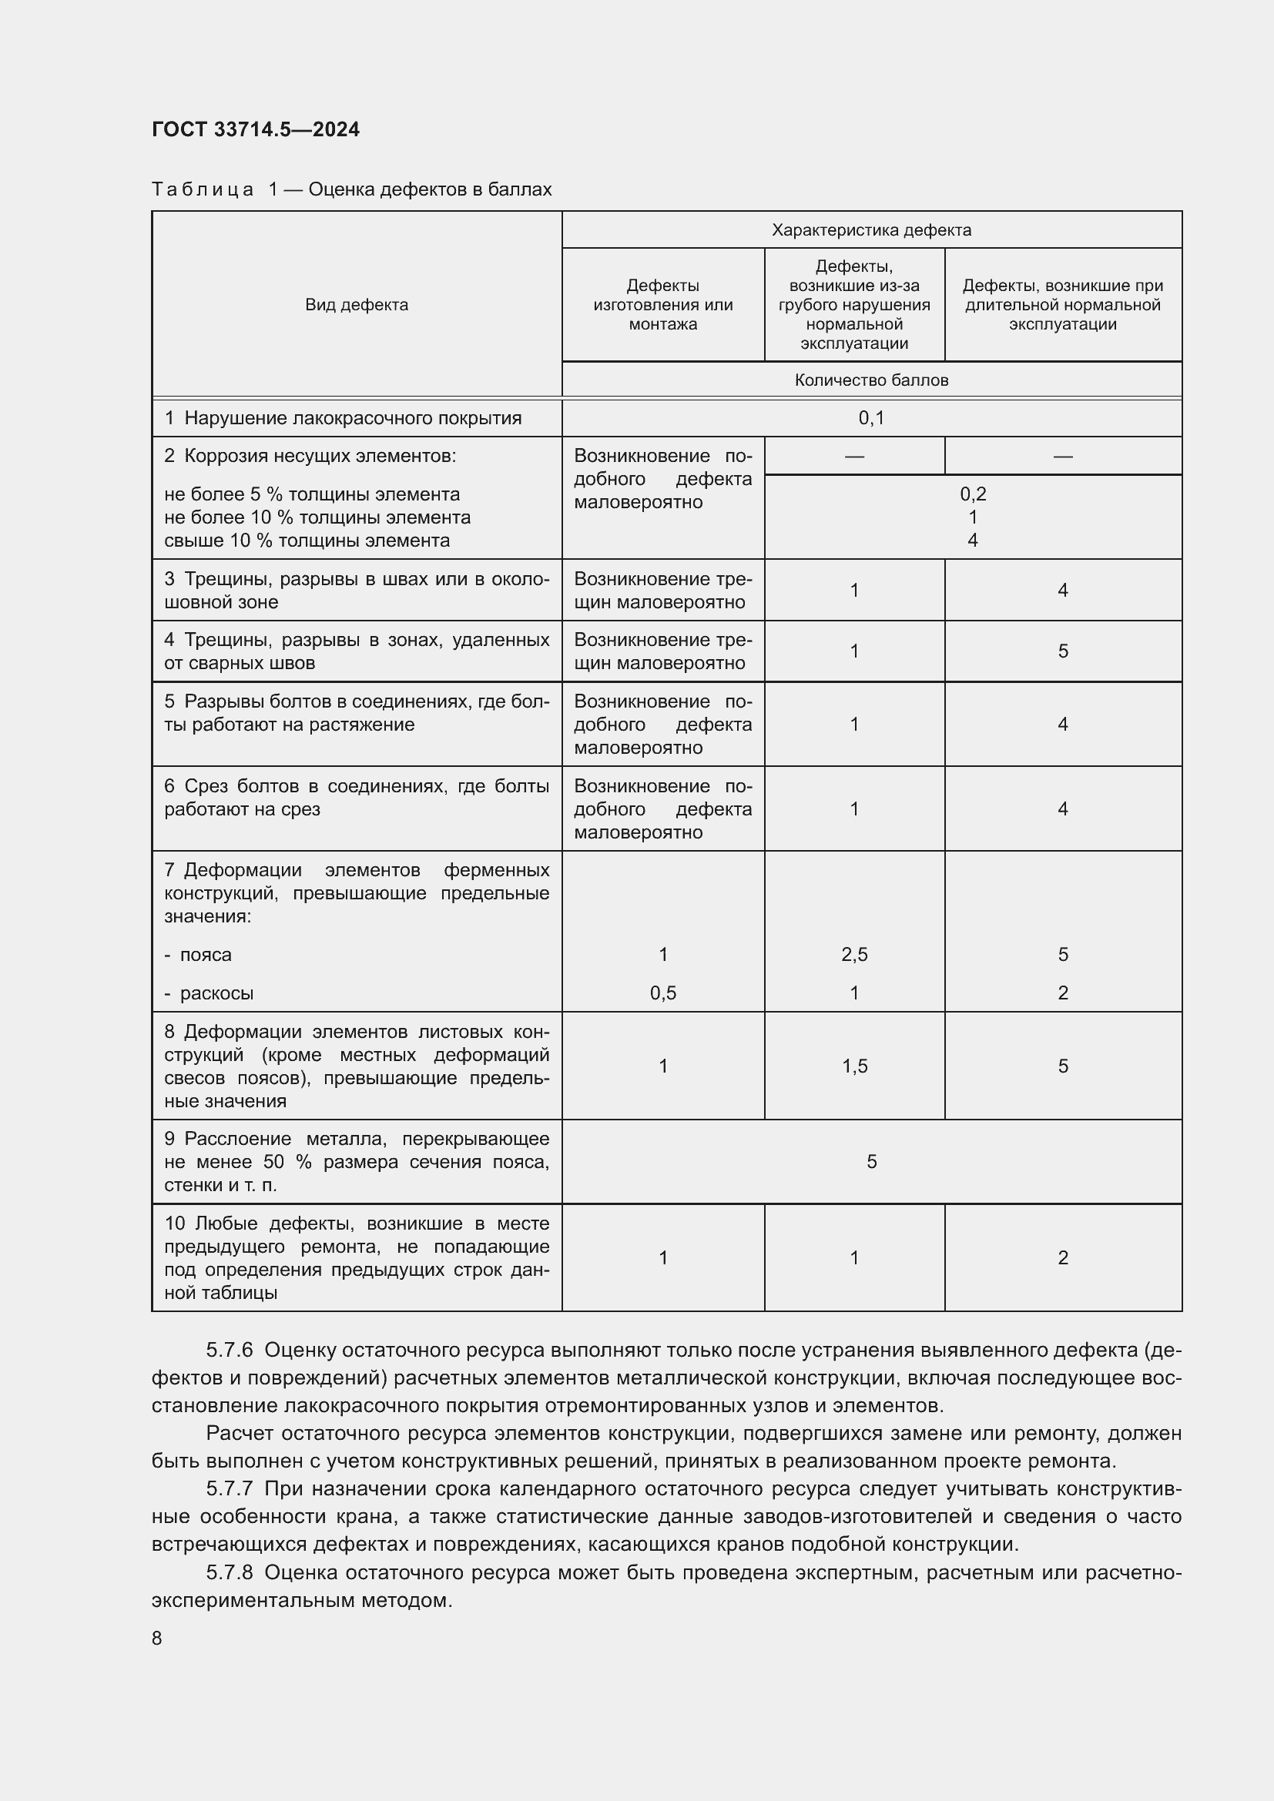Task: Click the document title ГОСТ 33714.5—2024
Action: click(255, 129)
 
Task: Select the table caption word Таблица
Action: click(203, 190)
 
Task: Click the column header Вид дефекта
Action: click(356, 305)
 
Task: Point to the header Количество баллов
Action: click(871, 380)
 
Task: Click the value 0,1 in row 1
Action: click(871, 418)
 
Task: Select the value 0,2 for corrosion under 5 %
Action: click(972, 494)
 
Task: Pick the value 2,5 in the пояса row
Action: click(853, 955)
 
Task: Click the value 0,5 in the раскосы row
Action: click(663, 993)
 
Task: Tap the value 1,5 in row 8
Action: click(853, 1066)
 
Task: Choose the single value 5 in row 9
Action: click(871, 1162)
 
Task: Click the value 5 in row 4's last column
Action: click(1062, 651)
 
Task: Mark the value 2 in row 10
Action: click(1062, 1258)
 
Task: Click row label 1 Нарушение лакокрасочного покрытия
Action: click(343, 418)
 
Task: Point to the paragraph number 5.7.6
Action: click(229, 1350)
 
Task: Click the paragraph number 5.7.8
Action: click(229, 1573)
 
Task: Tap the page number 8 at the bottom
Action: click(157, 1639)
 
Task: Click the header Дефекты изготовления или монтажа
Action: click(663, 305)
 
